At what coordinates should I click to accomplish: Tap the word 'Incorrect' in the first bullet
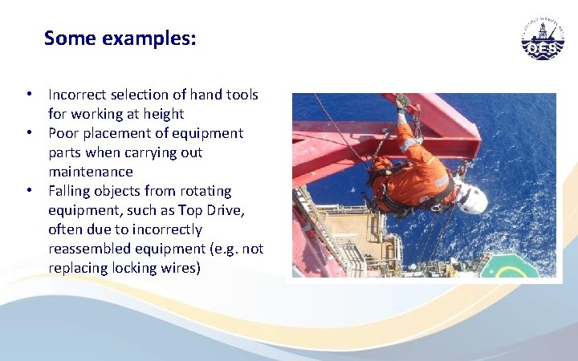(77, 95)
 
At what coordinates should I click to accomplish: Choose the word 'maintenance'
(91, 172)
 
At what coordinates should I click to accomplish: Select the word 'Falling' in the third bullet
(71, 191)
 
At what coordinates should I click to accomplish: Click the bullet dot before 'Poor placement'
(29, 133)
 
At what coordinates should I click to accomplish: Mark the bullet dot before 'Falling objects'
(29, 191)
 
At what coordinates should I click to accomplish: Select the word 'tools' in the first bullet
(242, 95)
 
